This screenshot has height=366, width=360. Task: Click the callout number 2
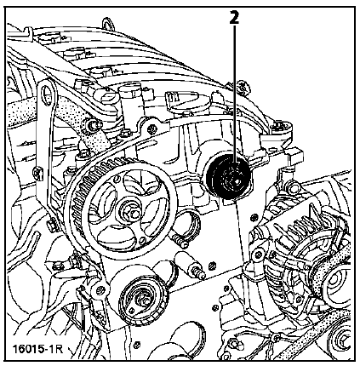click(x=234, y=18)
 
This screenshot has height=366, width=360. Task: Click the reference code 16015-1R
click(x=37, y=349)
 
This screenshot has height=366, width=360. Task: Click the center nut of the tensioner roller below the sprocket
click(x=142, y=300)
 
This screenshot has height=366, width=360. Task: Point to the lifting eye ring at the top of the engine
click(x=108, y=25)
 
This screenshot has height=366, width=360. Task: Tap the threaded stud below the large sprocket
click(x=189, y=265)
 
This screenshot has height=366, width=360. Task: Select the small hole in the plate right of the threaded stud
click(x=211, y=266)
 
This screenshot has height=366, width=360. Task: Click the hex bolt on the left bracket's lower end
click(x=53, y=226)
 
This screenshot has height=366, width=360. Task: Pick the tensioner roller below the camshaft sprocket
click(x=144, y=300)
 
